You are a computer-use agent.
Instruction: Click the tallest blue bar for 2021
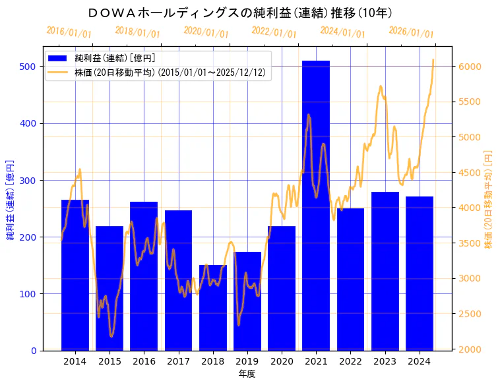tap(316, 204)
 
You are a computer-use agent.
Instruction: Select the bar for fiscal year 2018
tap(213, 307)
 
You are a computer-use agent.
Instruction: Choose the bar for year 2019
tap(247, 301)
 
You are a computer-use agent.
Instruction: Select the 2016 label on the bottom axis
tap(144, 361)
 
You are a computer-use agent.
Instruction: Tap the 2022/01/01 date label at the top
tap(274, 32)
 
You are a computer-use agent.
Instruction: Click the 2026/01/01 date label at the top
tap(411, 32)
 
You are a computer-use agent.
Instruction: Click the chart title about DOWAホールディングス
tap(240, 13)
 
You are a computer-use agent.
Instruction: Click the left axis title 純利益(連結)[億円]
tap(11, 198)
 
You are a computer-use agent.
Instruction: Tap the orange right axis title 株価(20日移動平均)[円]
tap(489, 198)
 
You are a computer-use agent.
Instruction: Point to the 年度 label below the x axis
tap(247, 374)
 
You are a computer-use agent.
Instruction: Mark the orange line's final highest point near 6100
tap(433, 60)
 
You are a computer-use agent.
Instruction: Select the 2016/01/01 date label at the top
tap(69, 32)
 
